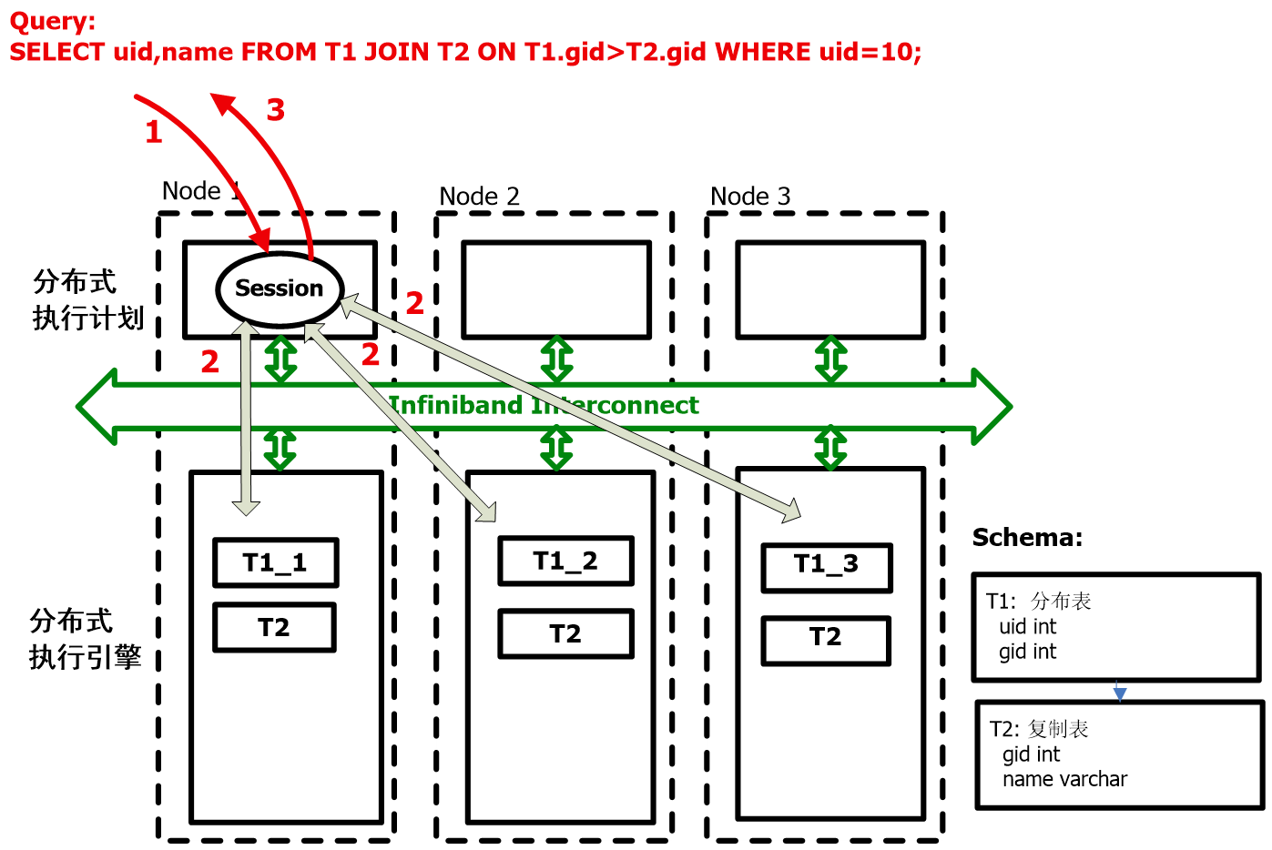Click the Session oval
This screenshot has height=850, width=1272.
point(280,288)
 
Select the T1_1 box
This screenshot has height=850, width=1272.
point(275,562)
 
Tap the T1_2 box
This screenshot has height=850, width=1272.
point(565,561)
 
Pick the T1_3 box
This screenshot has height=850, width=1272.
point(826,567)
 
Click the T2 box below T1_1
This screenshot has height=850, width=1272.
point(274,627)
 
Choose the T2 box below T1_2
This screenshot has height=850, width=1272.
point(565,633)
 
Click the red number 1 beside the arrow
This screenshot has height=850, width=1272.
point(154,133)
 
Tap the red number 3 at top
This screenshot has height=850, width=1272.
point(275,110)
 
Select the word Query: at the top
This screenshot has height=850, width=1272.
point(52,22)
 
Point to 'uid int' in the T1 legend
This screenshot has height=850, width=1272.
point(1027,626)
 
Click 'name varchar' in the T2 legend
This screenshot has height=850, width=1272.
point(1064,779)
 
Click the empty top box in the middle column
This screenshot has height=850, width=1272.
point(555,289)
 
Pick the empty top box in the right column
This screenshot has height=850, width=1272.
point(830,289)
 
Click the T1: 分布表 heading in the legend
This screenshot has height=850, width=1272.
point(1038,601)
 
